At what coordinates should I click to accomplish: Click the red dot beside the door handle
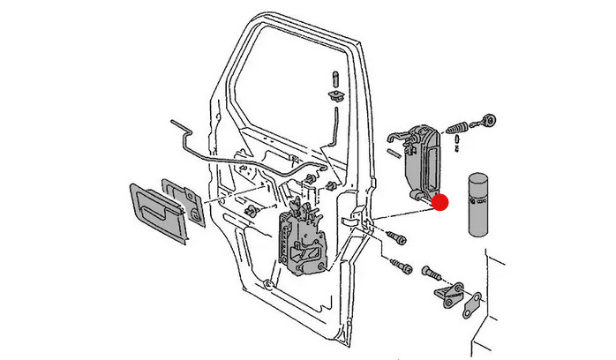point(441,202)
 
